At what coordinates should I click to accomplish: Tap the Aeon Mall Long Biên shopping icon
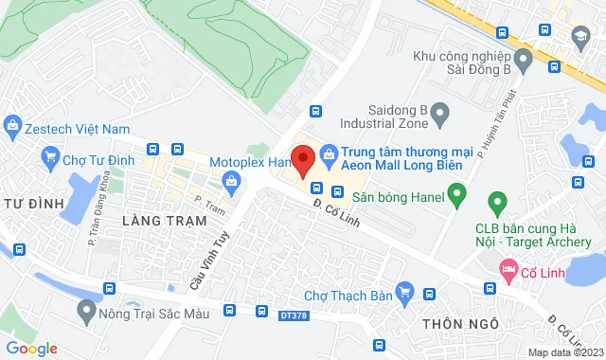(329, 151)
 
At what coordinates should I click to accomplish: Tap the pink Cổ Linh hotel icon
(508, 270)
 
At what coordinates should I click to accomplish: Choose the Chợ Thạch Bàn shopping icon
(406, 293)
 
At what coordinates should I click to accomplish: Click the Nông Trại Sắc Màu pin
(87, 310)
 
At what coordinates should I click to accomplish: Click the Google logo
(31, 348)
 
